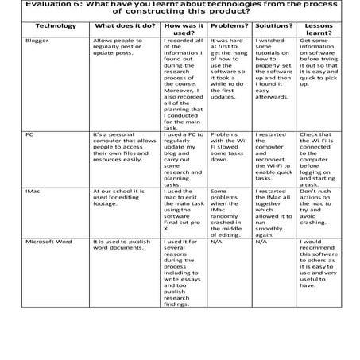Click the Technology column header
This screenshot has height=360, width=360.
[56, 25]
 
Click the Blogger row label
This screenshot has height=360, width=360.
[37, 39]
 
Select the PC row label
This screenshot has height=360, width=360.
[29, 135]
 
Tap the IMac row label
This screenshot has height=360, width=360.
[33, 191]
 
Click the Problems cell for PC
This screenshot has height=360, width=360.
[228, 147]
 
